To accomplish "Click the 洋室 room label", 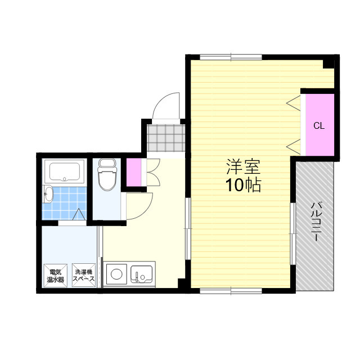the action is [x=243, y=167].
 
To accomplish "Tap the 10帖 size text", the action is [x=243, y=185].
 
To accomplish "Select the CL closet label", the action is [x=319, y=125].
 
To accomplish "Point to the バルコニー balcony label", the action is [x=315, y=222].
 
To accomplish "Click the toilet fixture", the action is [x=106, y=174].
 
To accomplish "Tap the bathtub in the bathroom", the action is [x=65, y=172].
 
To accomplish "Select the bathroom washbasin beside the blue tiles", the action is [x=48, y=194].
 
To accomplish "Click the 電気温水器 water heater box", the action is [x=55, y=275].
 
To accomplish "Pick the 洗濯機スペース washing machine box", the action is [x=84, y=275].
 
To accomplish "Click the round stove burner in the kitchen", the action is [x=116, y=274].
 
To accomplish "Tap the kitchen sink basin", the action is [x=141, y=274].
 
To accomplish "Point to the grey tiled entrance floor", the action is [x=166, y=138].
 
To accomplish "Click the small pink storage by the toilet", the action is [x=134, y=173].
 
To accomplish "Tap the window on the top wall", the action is [x=231, y=57].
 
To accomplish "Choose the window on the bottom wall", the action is [x=231, y=291].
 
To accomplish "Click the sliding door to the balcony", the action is [x=293, y=234].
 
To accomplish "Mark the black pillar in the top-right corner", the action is [x=328, y=64].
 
